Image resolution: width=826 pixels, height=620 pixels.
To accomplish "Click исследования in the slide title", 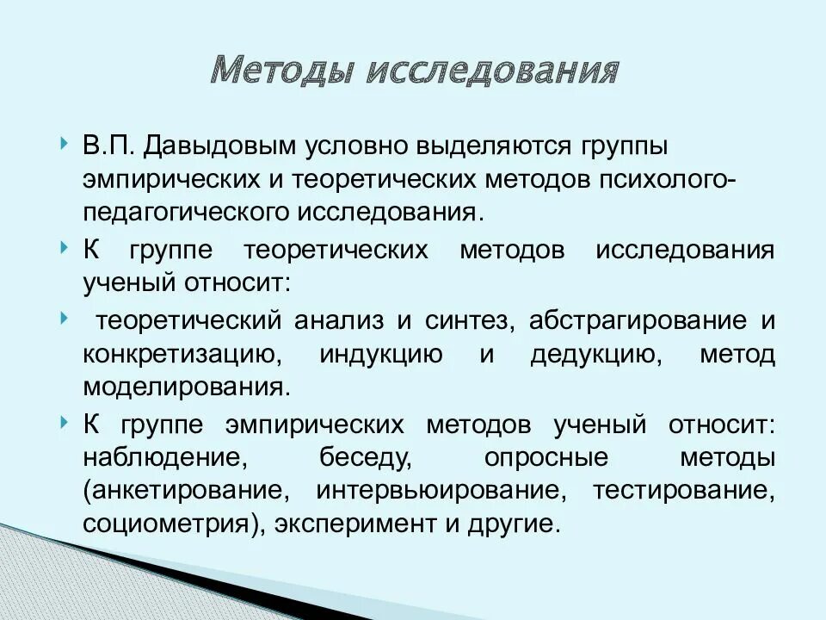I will click(x=492, y=70).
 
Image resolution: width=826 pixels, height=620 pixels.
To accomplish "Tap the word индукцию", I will click(x=381, y=354).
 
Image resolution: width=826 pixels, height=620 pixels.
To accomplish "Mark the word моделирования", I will click(x=184, y=387).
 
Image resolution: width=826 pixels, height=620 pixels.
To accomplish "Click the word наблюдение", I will click(x=160, y=457).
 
